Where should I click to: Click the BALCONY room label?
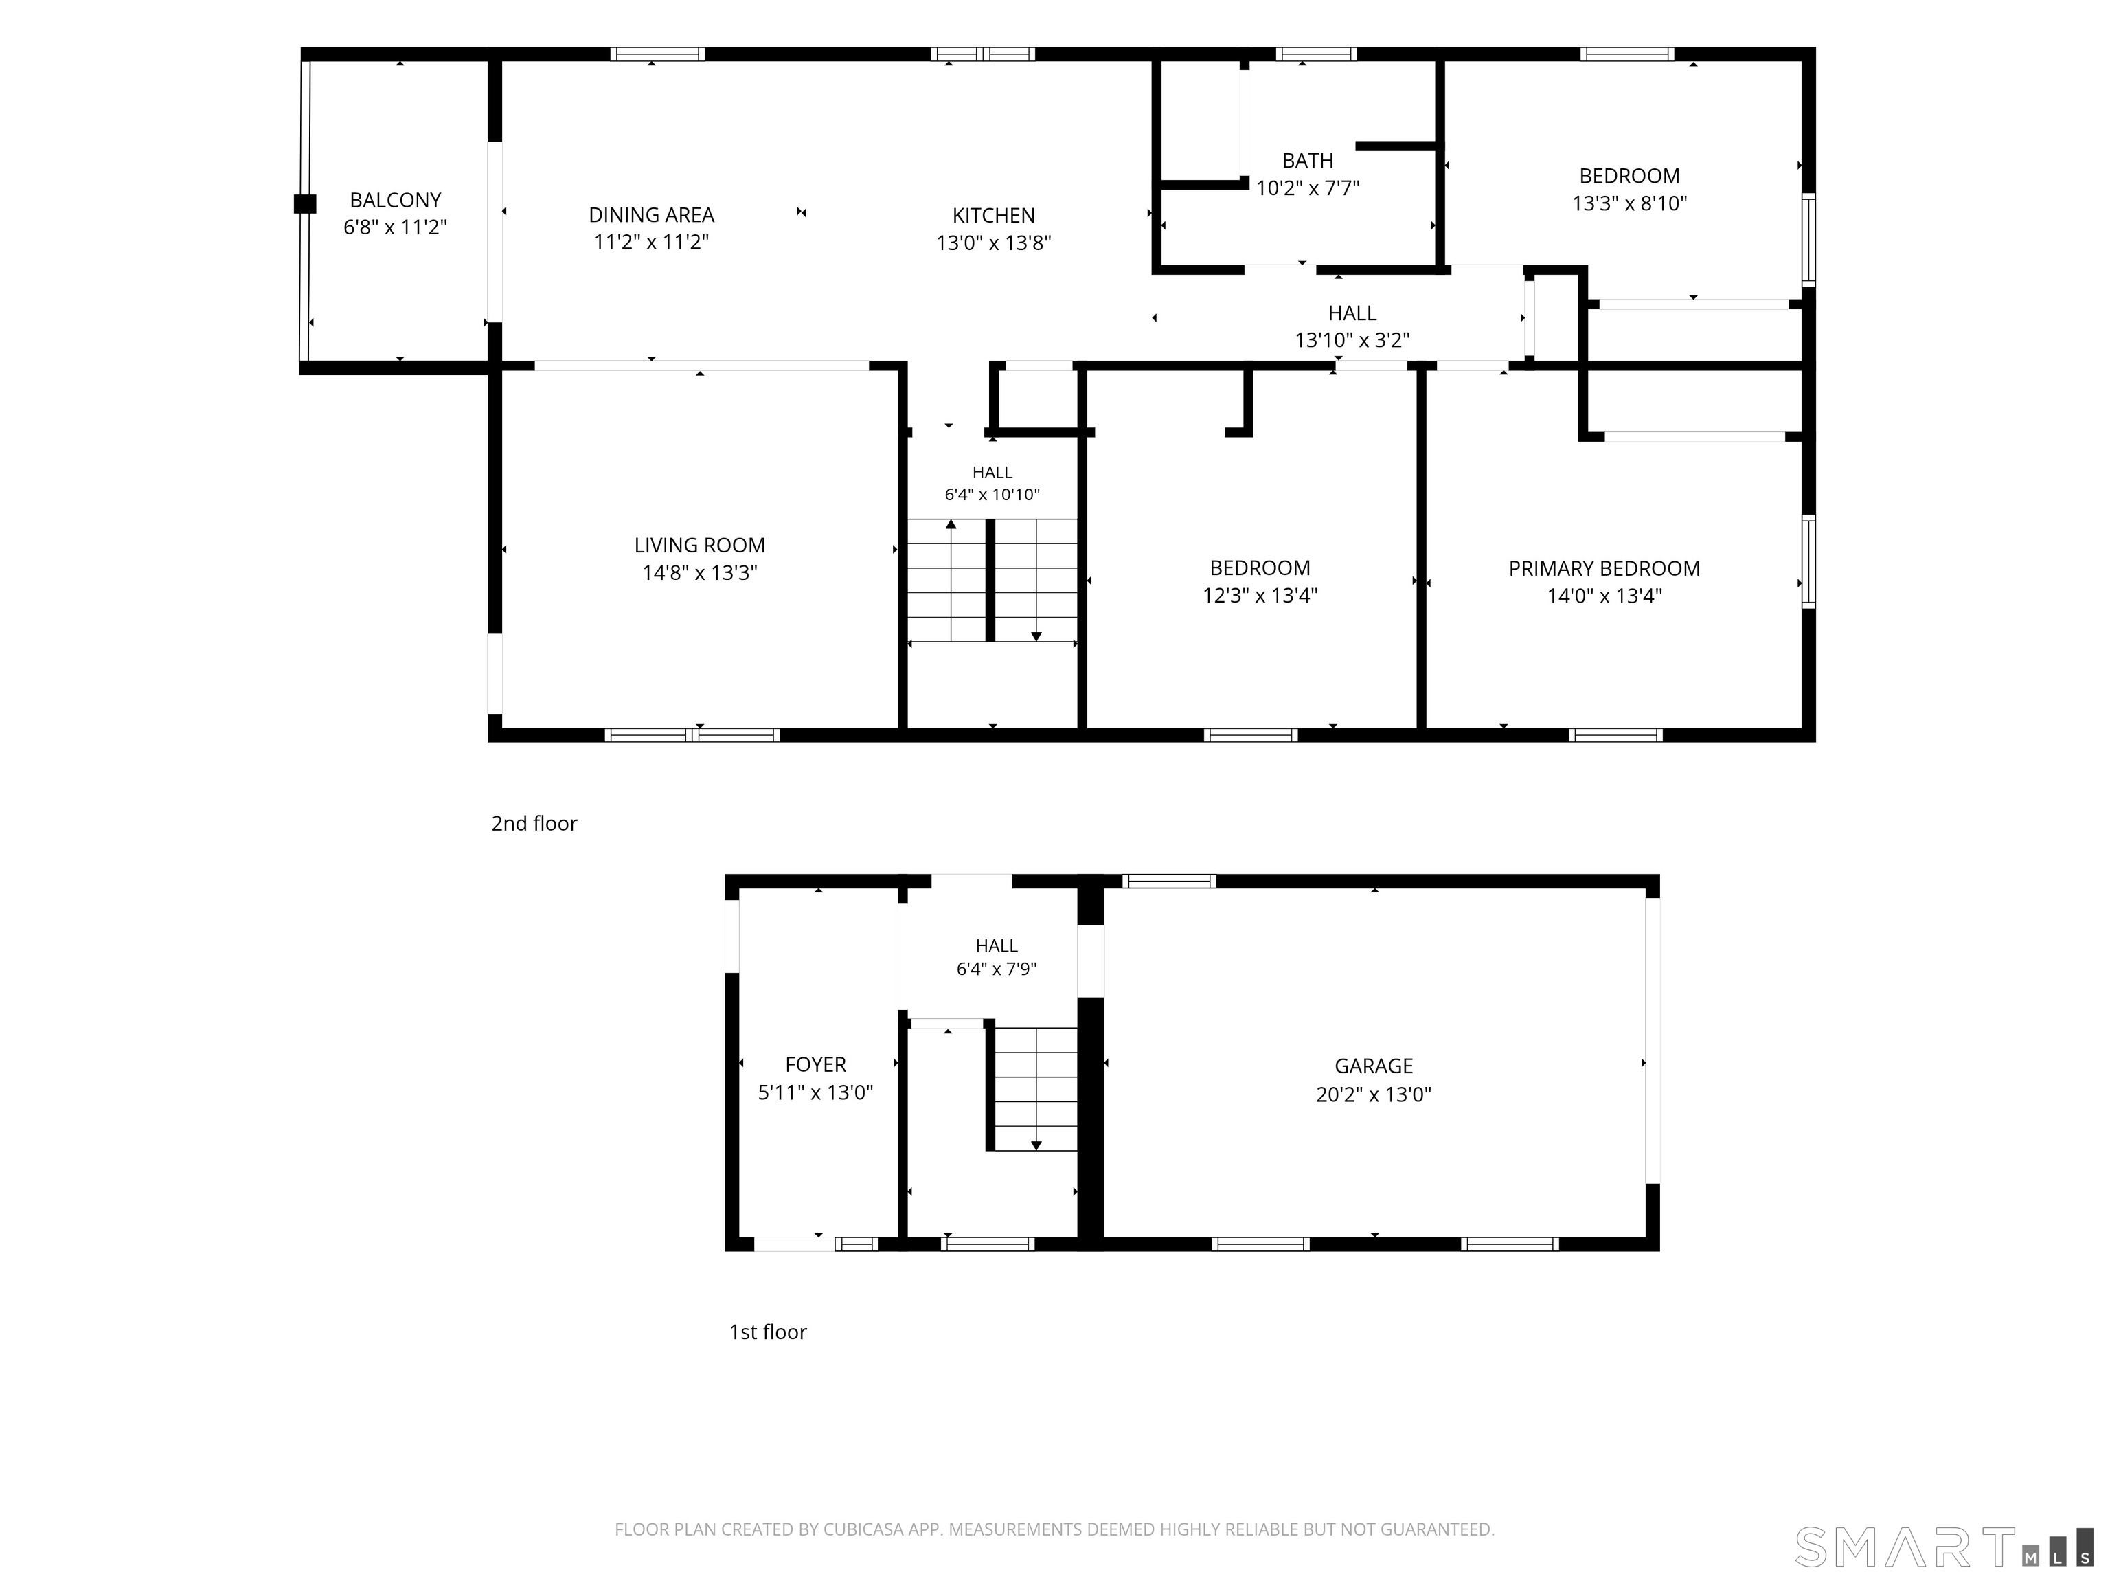click(x=395, y=201)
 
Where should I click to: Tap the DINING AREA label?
click(x=652, y=214)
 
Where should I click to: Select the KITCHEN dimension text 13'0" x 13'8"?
click(x=993, y=243)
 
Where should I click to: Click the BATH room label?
click(x=1307, y=160)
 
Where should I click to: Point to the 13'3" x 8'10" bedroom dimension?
click(x=1629, y=203)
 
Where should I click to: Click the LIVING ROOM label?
click(x=699, y=545)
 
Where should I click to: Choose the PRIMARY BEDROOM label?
click(x=1604, y=569)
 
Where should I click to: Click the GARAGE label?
click(x=1374, y=1066)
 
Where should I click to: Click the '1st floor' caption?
click(x=768, y=1332)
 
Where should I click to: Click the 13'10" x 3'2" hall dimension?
click(x=1352, y=339)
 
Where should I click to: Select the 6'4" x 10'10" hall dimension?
click(x=992, y=494)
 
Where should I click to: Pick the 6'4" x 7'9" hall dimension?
click(x=996, y=969)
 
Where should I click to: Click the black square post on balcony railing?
click(x=304, y=203)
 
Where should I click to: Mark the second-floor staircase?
click(x=992, y=580)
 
